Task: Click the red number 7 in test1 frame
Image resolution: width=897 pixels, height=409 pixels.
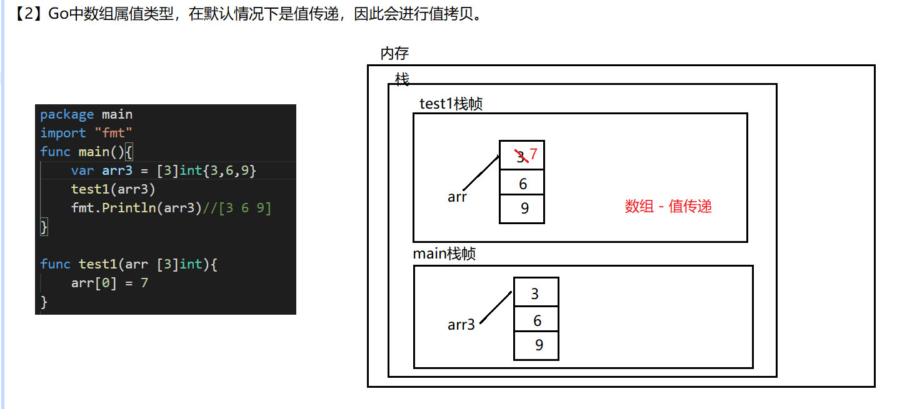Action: (533, 154)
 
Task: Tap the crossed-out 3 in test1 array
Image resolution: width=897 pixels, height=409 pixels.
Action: (521, 157)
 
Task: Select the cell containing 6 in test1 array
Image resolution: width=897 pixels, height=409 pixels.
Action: (522, 183)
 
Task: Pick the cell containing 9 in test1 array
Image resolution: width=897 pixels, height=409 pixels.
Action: (522, 209)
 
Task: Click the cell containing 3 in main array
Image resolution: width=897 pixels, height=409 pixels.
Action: (536, 293)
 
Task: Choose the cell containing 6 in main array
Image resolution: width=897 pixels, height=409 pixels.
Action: (536, 320)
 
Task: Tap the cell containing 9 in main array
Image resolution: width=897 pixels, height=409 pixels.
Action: (536, 345)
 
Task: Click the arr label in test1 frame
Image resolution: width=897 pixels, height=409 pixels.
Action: (457, 197)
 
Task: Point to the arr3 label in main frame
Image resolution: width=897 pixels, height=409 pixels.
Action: (461, 325)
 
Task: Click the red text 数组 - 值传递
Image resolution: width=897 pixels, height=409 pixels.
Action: (668, 206)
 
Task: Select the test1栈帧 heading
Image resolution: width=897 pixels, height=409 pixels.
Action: (451, 104)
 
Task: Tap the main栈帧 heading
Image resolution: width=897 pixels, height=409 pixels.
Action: (444, 254)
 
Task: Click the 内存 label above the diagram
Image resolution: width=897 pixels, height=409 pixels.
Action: (394, 54)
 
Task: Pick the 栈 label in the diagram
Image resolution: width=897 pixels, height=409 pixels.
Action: (402, 79)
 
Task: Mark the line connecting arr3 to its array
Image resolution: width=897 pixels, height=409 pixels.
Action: (496, 307)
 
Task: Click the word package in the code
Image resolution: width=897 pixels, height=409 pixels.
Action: (67, 114)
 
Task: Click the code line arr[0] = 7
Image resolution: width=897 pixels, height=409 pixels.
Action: (109, 283)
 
